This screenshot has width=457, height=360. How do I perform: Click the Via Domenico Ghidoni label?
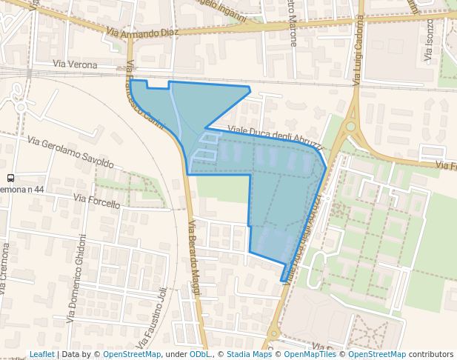77,278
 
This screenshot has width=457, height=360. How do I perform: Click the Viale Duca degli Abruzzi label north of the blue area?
274,136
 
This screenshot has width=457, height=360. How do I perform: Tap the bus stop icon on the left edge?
10,178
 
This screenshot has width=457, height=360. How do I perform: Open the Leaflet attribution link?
41,354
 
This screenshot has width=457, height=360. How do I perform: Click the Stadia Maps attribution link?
249,354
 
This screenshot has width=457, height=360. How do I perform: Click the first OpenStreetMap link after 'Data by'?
132,354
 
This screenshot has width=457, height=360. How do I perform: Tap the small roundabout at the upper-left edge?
21,107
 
